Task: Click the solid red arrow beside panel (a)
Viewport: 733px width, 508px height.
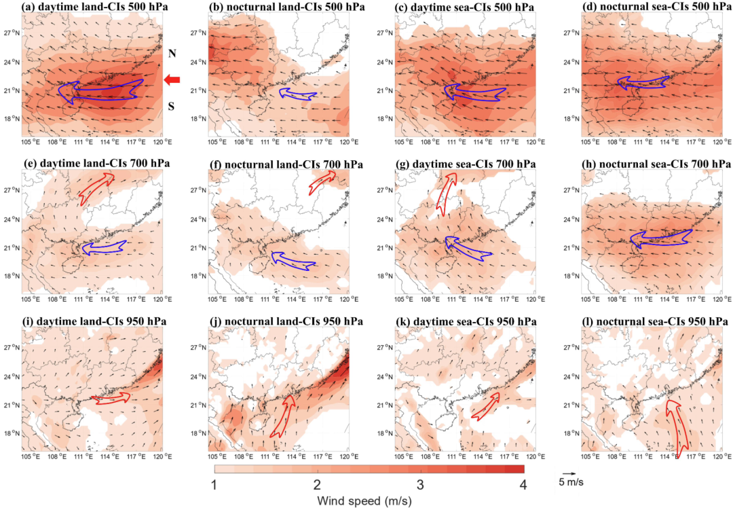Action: (172, 81)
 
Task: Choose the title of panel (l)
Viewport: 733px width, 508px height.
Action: (652, 321)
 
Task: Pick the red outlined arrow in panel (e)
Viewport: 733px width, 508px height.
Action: (96, 188)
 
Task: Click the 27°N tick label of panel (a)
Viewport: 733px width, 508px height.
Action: (10, 33)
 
